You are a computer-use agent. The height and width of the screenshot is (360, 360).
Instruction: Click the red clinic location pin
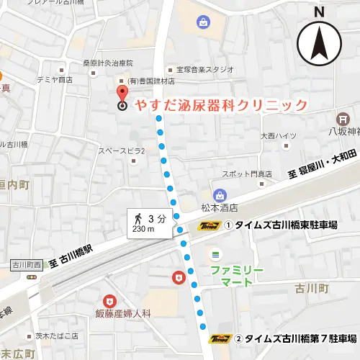(122, 96)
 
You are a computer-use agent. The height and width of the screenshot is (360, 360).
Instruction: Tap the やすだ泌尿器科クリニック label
(222, 105)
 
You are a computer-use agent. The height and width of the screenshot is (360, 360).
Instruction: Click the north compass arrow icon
(319, 42)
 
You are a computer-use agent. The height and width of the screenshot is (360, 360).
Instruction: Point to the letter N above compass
(320, 11)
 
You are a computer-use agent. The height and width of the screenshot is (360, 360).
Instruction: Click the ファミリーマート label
(237, 276)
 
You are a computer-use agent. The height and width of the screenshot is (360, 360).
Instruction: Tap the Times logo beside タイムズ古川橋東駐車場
(208, 225)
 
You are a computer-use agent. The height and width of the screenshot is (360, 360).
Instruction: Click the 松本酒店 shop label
(220, 208)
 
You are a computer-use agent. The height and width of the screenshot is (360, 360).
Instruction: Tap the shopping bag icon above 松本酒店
(220, 194)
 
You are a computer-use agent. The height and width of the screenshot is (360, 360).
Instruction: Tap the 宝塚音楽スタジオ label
(205, 70)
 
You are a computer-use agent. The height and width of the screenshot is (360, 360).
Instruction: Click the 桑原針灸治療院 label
(109, 63)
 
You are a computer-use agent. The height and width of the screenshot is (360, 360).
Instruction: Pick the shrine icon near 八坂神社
(344, 117)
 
